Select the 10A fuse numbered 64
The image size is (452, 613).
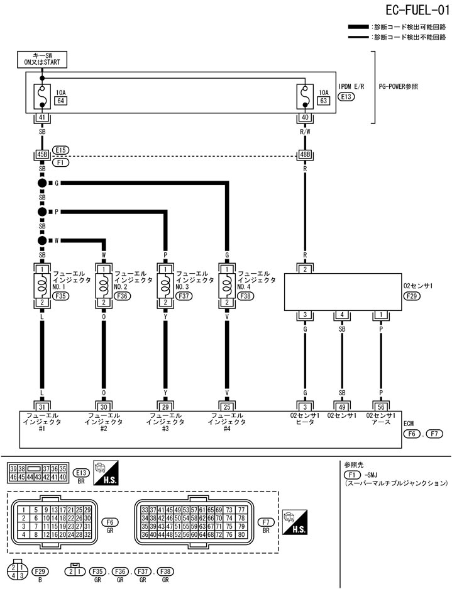pyautogui.click(x=41, y=96)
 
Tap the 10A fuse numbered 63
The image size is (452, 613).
pyautogui.click(x=305, y=96)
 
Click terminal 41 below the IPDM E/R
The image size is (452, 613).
pyautogui.click(x=41, y=117)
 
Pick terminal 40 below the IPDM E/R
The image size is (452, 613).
pyautogui.click(x=305, y=117)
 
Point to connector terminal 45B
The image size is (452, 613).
pyautogui.click(x=41, y=154)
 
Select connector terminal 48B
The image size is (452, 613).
pyautogui.click(x=305, y=154)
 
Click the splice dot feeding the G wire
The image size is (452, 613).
pyautogui.click(x=42, y=183)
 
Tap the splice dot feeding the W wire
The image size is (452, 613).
pyautogui.click(x=42, y=240)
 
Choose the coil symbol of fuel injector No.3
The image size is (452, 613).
pyautogui.click(x=165, y=284)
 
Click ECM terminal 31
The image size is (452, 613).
pyautogui.click(x=41, y=406)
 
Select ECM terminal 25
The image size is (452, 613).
pyautogui.click(x=226, y=406)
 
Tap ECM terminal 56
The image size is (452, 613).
pyautogui.click(x=381, y=406)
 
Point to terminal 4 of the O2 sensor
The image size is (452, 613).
pyautogui.click(x=341, y=315)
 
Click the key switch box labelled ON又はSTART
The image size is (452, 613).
pyautogui.click(x=41, y=59)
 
